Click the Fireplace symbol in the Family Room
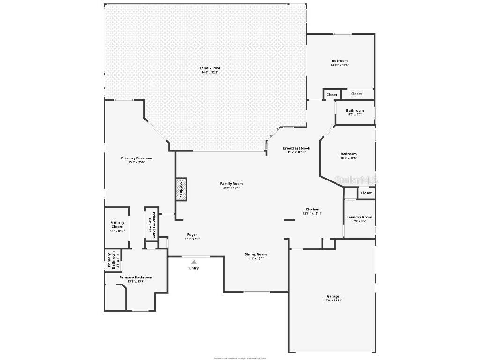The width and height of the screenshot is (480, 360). [x=181, y=189]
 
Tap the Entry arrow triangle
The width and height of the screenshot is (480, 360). [x=194, y=262]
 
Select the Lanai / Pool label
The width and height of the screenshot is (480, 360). [x=210, y=68]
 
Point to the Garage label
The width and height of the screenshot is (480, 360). [x=333, y=296]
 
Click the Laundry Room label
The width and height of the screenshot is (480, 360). [x=359, y=217]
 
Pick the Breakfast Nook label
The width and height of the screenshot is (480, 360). [x=296, y=148]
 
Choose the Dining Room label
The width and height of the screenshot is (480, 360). [x=255, y=255]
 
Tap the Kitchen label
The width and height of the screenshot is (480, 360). [x=313, y=210]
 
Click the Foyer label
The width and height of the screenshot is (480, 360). [x=192, y=235]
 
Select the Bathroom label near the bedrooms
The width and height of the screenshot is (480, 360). [x=355, y=111]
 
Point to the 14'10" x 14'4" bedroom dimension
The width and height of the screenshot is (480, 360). [x=340, y=65]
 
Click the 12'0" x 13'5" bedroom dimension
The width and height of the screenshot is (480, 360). [x=348, y=158]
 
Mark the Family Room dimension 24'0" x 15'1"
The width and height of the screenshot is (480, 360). [x=232, y=187]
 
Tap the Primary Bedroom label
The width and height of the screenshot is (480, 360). [x=136, y=158]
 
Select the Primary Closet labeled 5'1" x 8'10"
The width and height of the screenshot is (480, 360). [x=117, y=226]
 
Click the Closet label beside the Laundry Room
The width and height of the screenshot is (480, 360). [x=366, y=193]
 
